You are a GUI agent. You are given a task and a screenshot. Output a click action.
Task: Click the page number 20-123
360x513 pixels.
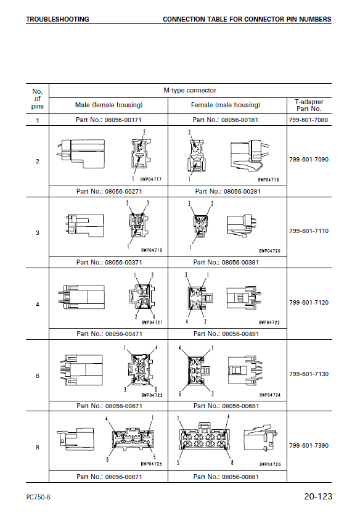point(318,496)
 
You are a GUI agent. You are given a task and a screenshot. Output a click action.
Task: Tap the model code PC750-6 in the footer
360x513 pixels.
point(38,498)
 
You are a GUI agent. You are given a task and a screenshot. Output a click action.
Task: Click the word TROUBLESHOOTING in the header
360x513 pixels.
point(57,19)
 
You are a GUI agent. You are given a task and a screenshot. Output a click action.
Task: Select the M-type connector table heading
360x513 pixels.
point(190,90)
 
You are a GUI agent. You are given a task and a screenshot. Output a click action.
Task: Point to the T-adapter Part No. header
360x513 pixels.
point(309,105)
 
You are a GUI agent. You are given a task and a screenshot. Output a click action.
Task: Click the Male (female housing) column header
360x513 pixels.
point(109,105)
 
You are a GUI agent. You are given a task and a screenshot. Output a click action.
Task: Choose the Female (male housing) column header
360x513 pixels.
point(226,105)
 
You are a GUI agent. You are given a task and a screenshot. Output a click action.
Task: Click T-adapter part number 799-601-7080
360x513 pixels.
point(308,120)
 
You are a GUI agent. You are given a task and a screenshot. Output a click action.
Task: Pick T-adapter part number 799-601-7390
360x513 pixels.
point(309,446)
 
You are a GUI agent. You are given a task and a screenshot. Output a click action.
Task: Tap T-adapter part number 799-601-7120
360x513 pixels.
point(309,303)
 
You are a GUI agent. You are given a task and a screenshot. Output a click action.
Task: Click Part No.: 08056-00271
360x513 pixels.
point(109,191)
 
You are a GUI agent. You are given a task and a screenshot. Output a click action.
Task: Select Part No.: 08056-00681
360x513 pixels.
point(226,406)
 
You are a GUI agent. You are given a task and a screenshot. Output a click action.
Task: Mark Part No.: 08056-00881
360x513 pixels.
point(226,477)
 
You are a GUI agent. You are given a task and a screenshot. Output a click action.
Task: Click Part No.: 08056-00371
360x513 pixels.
point(109,263)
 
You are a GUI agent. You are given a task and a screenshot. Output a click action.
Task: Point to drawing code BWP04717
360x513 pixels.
point(151,179)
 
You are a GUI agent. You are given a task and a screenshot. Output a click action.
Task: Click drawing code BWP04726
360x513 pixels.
point(270,464)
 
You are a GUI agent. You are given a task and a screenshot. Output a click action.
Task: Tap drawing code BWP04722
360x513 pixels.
point(269,322)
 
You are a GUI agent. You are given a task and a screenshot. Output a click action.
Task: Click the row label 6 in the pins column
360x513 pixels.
point(38,376)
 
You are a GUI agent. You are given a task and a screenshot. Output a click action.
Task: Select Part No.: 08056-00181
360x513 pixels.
point(225,120)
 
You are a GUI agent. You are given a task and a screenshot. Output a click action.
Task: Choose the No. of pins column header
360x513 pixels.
point(37,99)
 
